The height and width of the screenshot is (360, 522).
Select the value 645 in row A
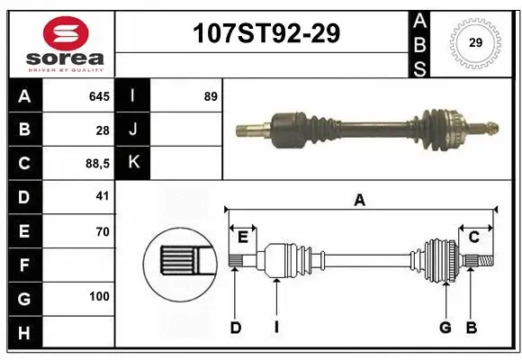99,96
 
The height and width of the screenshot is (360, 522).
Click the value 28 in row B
103,130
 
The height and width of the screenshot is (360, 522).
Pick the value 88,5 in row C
96,165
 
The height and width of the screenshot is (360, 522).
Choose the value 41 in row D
102,196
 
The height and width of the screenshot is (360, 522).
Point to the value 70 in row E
102,231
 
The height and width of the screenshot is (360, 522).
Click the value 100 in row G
99,297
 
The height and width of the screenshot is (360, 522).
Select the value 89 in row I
211,96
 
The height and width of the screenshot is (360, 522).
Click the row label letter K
133,163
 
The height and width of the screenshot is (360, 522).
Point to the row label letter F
23,265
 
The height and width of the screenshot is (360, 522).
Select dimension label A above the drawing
359,201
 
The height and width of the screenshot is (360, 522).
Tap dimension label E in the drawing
242,237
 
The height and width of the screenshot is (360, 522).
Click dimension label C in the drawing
473,237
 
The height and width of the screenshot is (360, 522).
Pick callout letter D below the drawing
235,328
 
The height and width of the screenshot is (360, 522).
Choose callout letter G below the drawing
445,328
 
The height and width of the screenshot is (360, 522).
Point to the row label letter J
133,130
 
